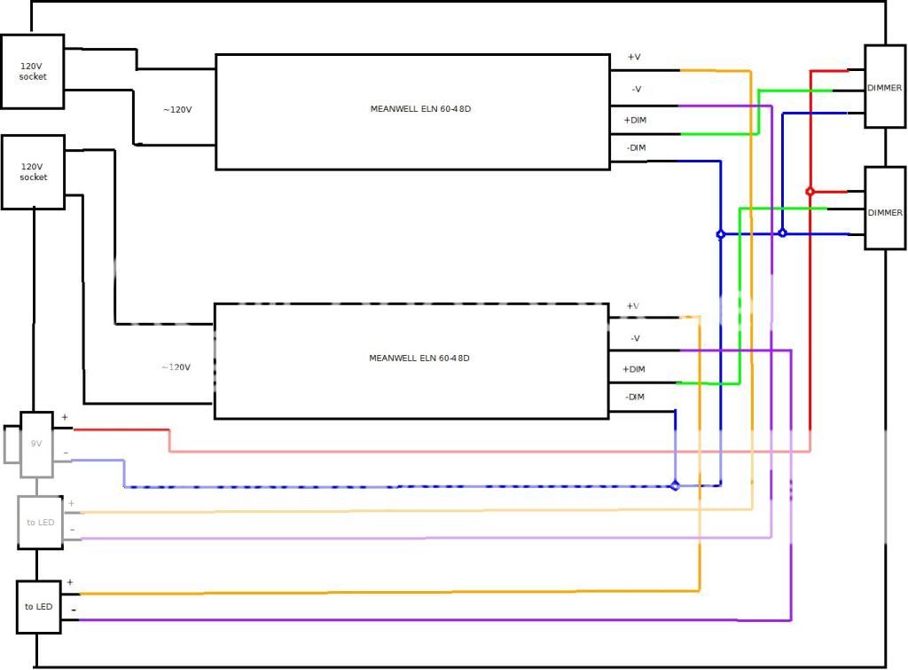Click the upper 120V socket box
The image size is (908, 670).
[x=33, y=71]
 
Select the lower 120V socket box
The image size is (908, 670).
[x=33, y=171]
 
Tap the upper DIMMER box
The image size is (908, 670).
[x=884, y=87]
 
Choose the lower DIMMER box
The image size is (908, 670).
[x=884, y=211]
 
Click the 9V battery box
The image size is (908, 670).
[x=36, y=442]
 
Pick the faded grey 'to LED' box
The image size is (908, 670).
[x=39, y=522]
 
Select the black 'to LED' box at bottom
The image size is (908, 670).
[x=38, y=606]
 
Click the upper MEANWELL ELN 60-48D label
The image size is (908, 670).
[x=419, y=108]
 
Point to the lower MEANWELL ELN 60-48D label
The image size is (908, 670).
[x=419, y=359]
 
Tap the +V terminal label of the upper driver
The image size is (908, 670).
[x=634, y=58]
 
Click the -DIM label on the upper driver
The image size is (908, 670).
[x=635, y=147]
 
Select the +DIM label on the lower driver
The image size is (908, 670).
[x=634, y=369]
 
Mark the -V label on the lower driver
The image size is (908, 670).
[x=635, y=338]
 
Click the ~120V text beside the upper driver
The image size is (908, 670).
[x=177, y=110]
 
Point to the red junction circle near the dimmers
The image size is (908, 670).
[x=810, y=191]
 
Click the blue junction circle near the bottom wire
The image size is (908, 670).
[x=675, y=485]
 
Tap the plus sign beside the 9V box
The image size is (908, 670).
[x=65, y=417]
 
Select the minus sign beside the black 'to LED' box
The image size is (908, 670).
[x=72, y=611]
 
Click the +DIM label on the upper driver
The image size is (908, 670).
[x=634, y=120]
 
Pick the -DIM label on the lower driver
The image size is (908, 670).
[x=634, y=397]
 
